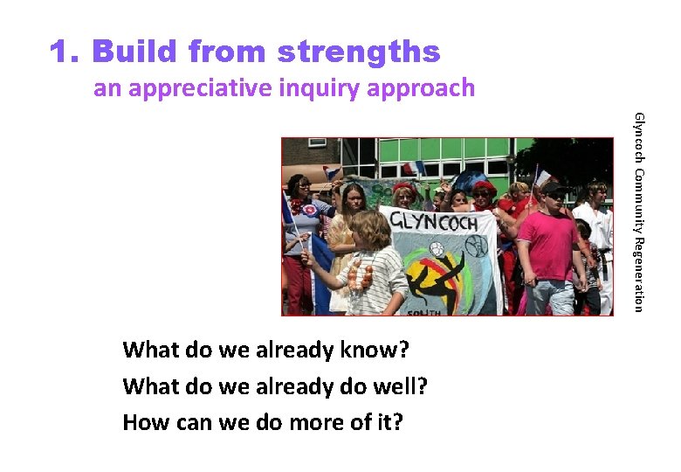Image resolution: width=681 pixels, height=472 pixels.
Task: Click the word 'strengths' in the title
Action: click(359, 52)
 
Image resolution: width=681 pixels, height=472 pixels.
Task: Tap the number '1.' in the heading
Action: click(65, 52)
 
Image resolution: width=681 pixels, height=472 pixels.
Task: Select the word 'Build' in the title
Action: click(134, 52)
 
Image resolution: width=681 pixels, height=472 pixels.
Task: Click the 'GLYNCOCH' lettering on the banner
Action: click(435, 222)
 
